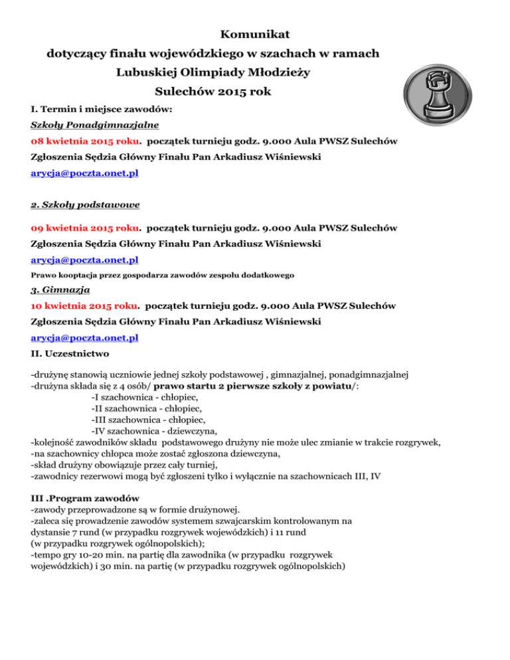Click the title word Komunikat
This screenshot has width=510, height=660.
pyautogui.click(x=254, y=33)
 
